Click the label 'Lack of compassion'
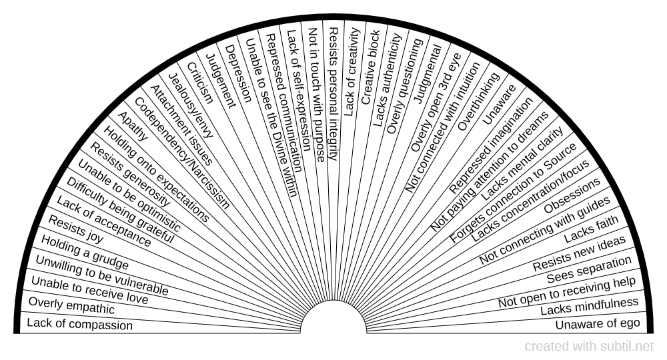(x=79, y=324)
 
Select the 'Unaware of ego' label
(x=597, y=324)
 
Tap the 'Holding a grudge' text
(x=85, y=253)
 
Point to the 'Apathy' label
(x=133, y=126)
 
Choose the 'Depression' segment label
(x=238, y=73)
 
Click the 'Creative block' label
(x=370, y=67)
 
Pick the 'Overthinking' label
(x=478, y=101)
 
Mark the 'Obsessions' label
(x=572, y=195)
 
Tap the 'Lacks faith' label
(x=591, y=229)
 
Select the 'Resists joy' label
(x=76, y=229)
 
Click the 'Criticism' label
(x=200, y=83)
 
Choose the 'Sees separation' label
(x=589, y=269)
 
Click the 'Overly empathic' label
(x=71, y=305)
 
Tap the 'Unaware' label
(x=499, y=105)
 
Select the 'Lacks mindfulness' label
(x=590, y=306)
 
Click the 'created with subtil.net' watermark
(x=589, y=347)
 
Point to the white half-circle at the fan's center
(x=333, y=317)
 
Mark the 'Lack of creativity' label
(x=352, y=72)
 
